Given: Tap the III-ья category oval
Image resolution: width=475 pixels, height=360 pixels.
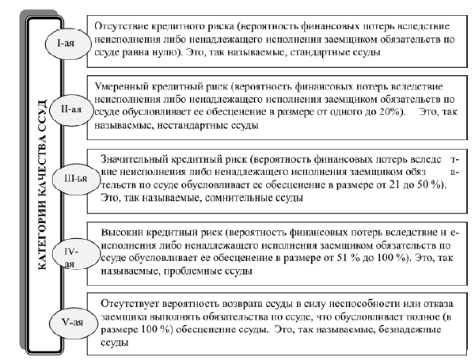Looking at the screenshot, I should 70,180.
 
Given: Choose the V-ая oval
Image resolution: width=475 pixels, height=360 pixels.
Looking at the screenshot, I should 67,323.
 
